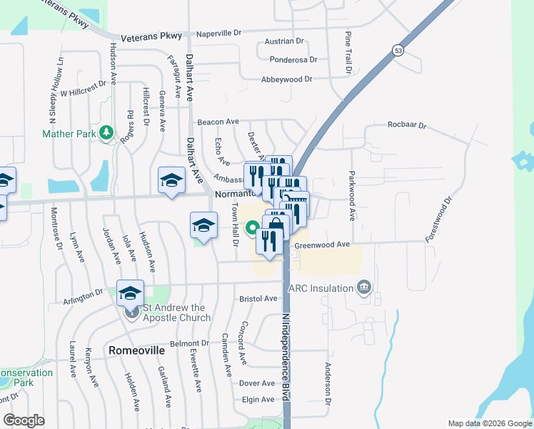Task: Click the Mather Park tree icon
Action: click(106, 132)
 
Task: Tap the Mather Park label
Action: click(69, 134)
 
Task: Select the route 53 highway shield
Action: click(397, 49)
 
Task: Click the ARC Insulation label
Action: click(321, 288)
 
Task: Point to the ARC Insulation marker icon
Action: click(364, 288)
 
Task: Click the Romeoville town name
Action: click(136, 351)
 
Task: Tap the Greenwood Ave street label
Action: click(323, 245)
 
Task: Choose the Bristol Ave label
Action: click(258, 298)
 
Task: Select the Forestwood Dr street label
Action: click(439, 220)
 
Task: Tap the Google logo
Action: click(24, 420)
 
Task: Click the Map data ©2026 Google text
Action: click(489, 423)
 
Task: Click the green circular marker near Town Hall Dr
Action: click(252, 230)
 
